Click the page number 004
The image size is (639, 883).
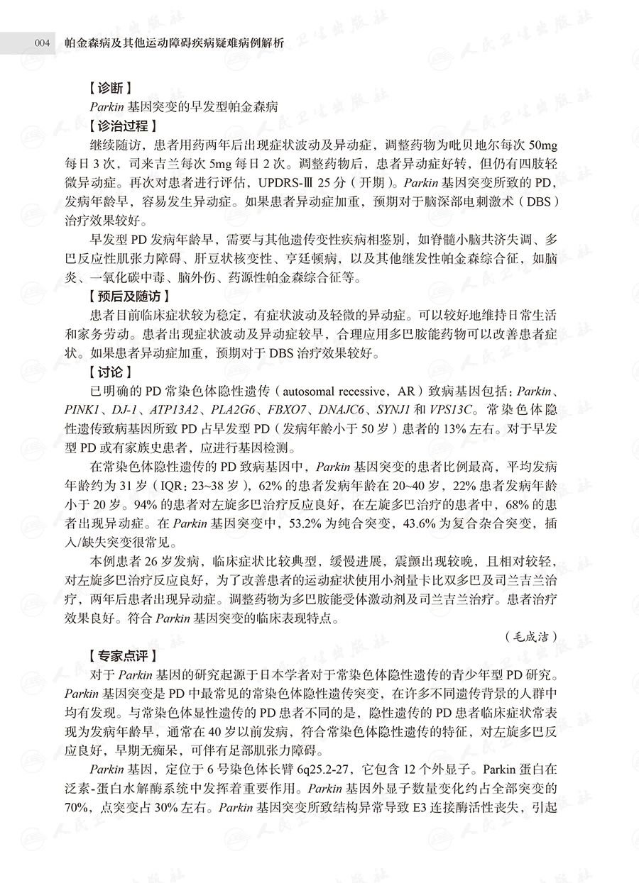click(41, 43)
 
